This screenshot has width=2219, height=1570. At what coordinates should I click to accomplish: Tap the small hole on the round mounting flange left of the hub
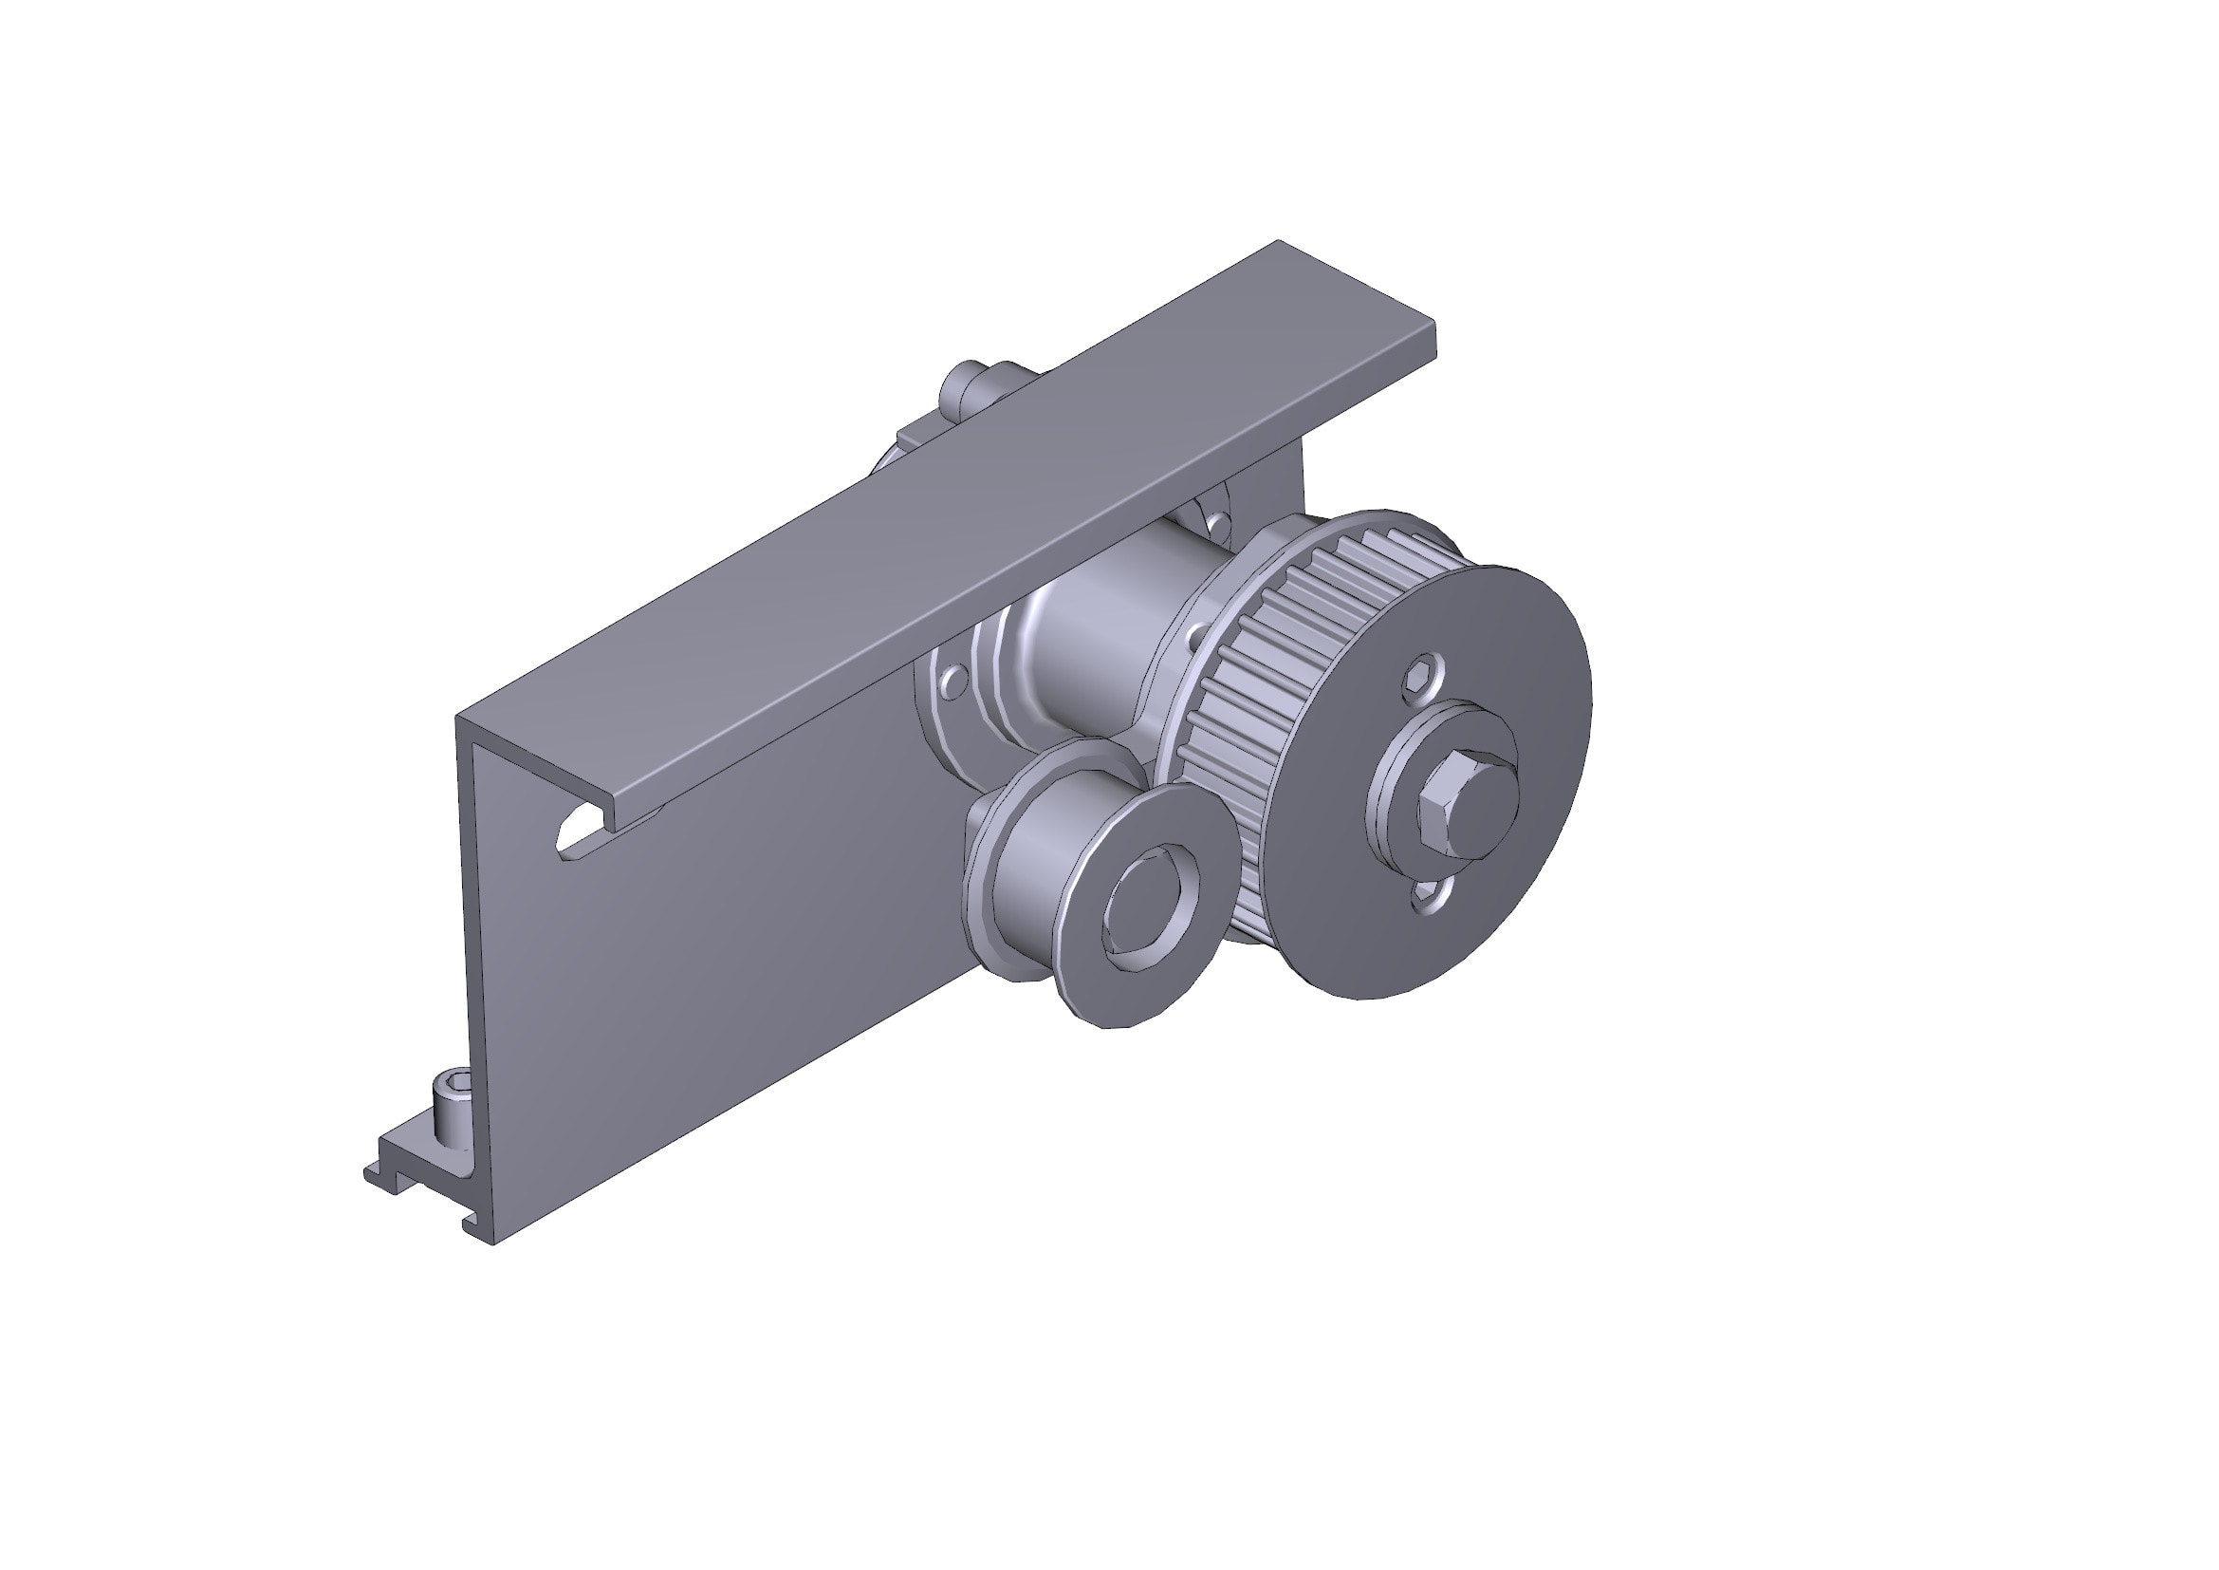(952, 681)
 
